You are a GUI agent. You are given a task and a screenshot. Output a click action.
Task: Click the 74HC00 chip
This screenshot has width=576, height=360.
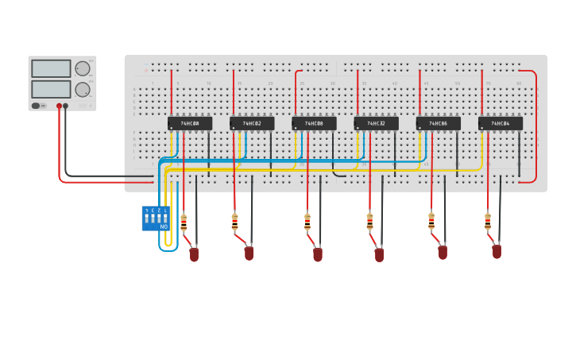(189, 123)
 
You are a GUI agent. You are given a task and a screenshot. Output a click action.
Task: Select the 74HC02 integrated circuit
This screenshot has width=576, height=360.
(252, 123)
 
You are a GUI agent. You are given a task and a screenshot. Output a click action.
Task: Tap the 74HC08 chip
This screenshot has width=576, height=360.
(314, 123)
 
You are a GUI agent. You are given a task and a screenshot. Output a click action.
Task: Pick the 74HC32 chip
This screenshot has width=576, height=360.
(376, 123)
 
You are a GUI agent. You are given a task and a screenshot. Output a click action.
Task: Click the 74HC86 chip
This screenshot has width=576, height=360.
(438, 123)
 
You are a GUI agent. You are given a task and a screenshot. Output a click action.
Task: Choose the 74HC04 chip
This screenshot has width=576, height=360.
(501, 123)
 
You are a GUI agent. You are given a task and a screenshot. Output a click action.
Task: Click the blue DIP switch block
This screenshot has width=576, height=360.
(155, 218)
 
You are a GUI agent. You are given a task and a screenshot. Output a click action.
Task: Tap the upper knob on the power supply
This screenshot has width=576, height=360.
(83, 69)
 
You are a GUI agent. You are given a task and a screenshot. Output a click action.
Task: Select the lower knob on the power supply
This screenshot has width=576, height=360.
(83, 89)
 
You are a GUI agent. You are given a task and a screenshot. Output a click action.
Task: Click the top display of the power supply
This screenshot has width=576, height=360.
(52, 69)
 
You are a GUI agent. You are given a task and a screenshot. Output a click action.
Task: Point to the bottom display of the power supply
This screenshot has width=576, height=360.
(52, 89)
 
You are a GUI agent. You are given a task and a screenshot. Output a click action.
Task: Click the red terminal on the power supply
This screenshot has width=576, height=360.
(59, 106)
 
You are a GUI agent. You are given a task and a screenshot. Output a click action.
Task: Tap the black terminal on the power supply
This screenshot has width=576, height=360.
(66, 106)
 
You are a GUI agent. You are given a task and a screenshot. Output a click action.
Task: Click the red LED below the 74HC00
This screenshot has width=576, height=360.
(194, 254)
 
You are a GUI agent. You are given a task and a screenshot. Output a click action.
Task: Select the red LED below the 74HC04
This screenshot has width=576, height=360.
(497, 251)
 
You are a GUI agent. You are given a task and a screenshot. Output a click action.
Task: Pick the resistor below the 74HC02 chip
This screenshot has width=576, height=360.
(234, 222)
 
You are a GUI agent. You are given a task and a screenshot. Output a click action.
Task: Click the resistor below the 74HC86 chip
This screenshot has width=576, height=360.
(431, 221)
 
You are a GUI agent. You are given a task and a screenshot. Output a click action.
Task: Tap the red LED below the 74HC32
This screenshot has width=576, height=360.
(379, 254)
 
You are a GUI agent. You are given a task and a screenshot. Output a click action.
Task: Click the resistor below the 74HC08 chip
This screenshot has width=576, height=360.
(307, 222)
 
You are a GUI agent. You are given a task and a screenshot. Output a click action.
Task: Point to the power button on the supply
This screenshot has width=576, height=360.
(36, 106)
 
